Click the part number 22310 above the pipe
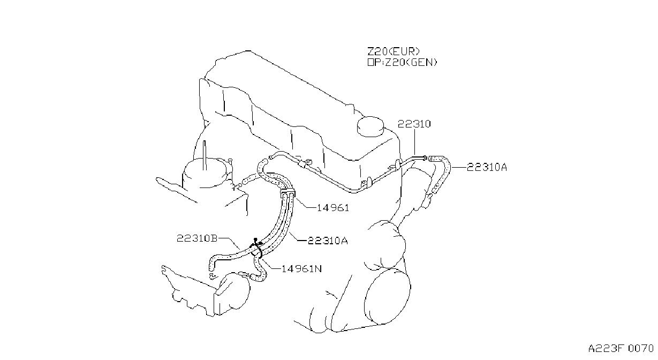click(x=414, y=124)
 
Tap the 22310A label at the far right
click(x=487, y=167)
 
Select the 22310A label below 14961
click(x=328, y=241)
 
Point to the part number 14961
click(x=333, y=208)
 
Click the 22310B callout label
click(x=197, y=238)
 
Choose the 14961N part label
click(x=301, y=268)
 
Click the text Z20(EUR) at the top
click(x=394, y=52)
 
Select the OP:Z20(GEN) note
click(x=403, y=62)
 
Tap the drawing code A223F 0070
click(x=621, y=349)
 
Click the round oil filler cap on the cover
click(x=370, y=126)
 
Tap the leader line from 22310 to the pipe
click(x=414, y=142)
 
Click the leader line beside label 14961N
click(x=270, y=265)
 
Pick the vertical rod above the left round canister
click(x=205, y=155)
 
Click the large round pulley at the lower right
click(x=387, y=297)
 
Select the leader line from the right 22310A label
click(x=459, y=167)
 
